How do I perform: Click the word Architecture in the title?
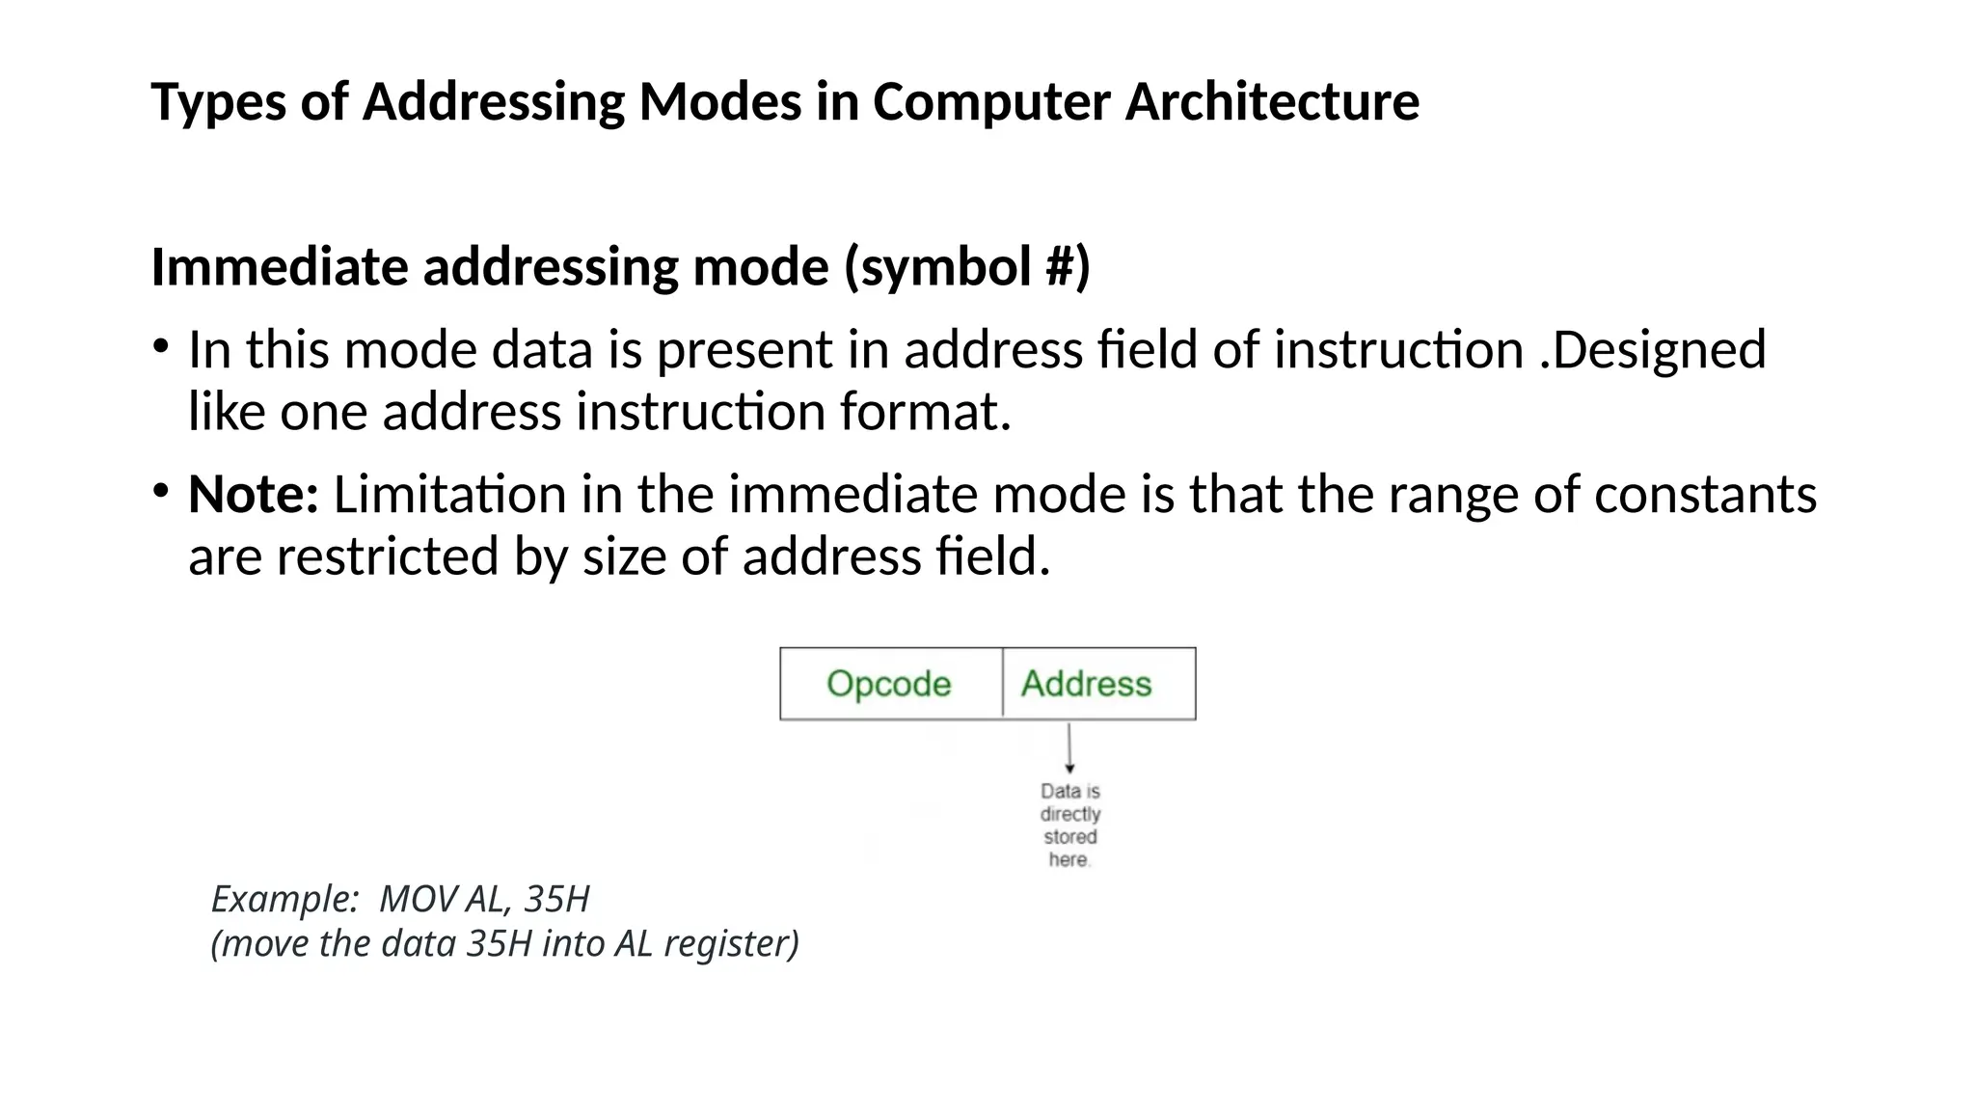pos(1272,101)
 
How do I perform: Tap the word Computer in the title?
pos(991,101)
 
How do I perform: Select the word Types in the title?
pos(219,101)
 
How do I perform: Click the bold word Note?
pos(254,495)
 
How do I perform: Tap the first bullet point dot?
pos(161,345)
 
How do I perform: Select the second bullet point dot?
pos(161,491)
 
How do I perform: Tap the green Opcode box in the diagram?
pos(890,684)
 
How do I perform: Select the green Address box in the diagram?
pos(1087,684)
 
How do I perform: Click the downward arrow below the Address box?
pos(1069,748)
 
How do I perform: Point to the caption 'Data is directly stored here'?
pos(1069,825)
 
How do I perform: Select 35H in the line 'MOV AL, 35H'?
pos(556,899)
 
